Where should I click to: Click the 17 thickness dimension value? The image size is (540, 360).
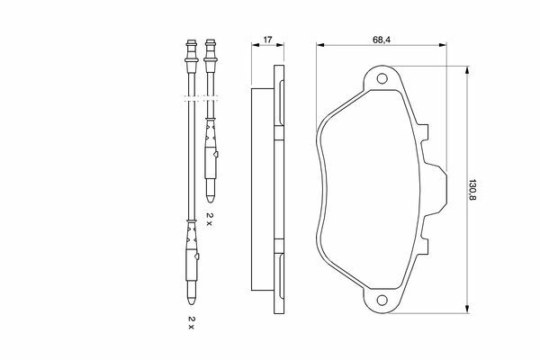click(x=267, y=40)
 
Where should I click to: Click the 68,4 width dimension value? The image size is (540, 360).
click(x=382, y=40)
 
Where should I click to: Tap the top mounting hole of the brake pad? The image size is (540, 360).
click(x=382, y=78)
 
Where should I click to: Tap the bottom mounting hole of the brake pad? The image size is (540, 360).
click(x=382, y=300)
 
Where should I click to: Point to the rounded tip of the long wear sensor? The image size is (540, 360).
click(x=192, y=301)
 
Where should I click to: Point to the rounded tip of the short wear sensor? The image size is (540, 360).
click(x=211, y=198)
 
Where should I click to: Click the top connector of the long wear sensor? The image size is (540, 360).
click(x=192, y=51)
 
